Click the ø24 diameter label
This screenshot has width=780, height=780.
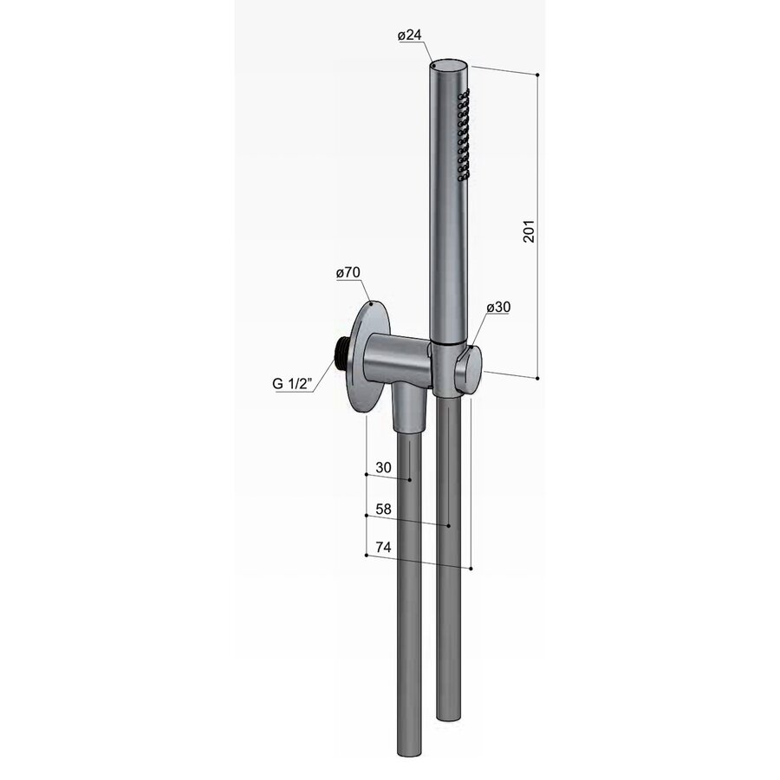(409, 36)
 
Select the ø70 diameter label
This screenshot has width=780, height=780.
(348, 273)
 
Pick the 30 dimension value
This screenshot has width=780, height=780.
(382, 468)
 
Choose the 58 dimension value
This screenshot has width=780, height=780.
(382, 510)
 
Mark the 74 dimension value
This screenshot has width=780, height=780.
(382, 549)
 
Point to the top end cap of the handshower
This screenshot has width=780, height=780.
(449, 65)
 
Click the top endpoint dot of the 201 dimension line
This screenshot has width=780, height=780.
(538, 76)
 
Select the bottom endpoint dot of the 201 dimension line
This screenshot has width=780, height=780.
(538, 378)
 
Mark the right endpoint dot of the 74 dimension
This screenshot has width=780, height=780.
(471, 569)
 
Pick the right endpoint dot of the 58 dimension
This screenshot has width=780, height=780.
(448, 525)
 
